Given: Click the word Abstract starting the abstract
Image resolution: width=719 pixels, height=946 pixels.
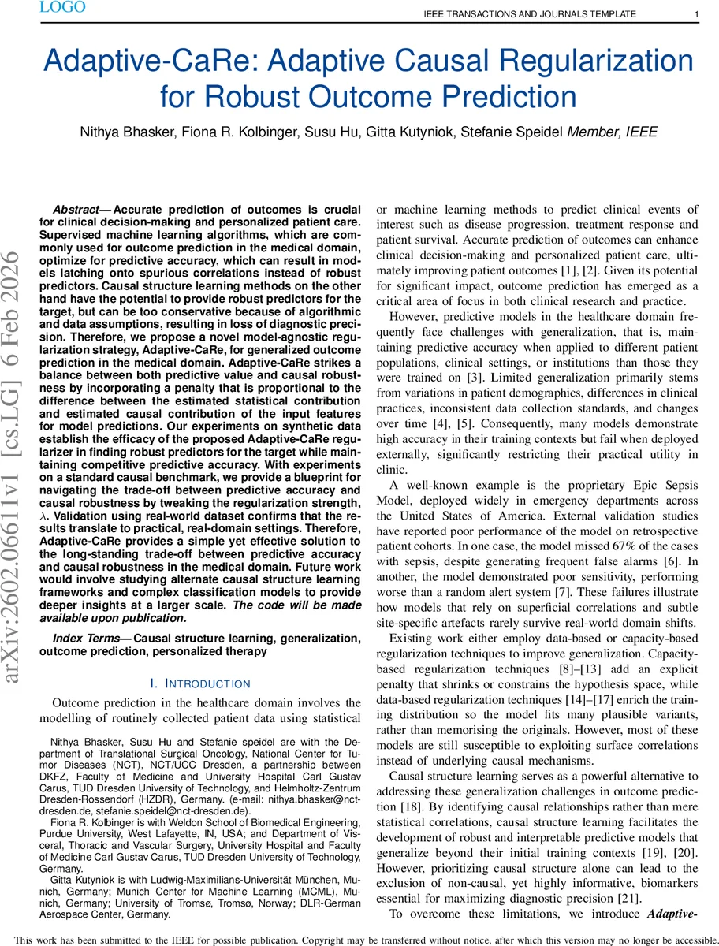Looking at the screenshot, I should pos(77,210).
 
